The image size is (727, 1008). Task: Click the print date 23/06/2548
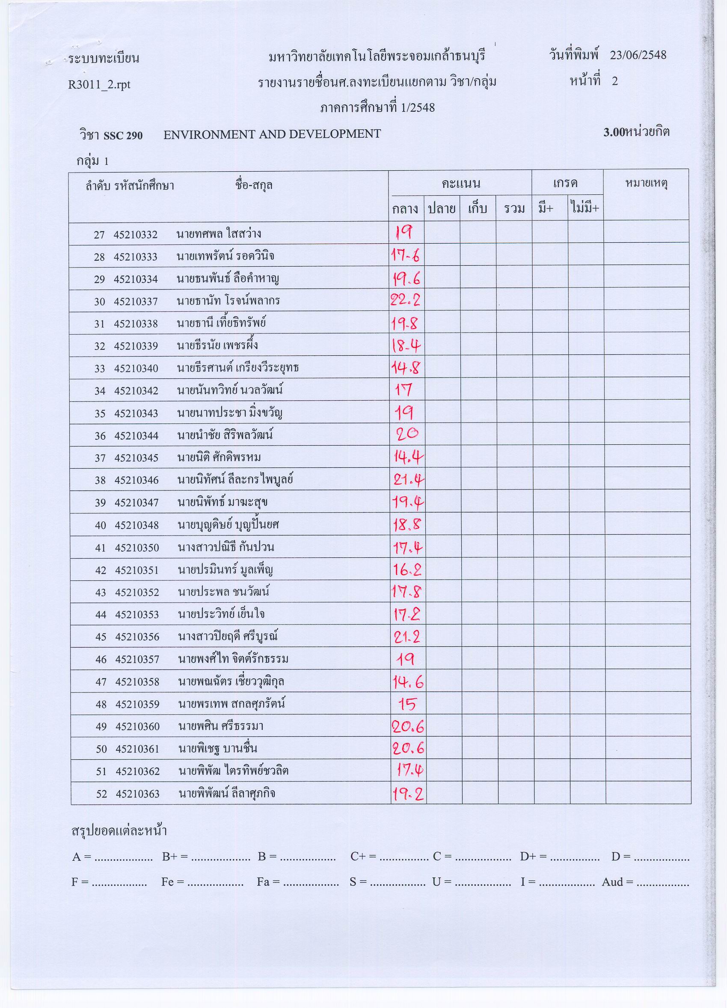(638, 55)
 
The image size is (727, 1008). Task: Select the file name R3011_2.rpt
(99, 84)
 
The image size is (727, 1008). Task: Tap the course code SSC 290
(123, 135)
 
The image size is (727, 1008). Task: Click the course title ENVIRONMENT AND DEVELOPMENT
(272, 134)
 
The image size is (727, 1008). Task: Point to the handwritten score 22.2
(406, 301)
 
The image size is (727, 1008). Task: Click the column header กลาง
(405, 208)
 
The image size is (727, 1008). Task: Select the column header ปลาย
(441, 208)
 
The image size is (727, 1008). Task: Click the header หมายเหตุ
(647, 183)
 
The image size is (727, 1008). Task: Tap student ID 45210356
(137, 637)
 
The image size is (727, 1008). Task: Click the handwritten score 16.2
(407, 569)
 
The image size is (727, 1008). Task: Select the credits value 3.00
(614, 132)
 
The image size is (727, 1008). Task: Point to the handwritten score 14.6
(408, 681)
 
